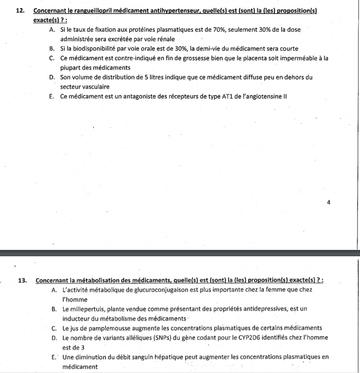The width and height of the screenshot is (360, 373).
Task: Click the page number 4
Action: [328, 203]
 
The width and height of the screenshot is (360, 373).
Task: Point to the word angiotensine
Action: [260, 96]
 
